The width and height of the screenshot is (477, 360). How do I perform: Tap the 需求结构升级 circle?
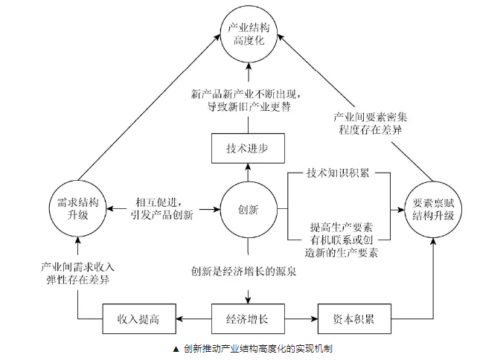tap(77, 209)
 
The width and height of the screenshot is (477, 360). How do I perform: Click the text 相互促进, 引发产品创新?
tap(164, 209)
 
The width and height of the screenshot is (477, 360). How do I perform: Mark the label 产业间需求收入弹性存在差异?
tap(77, 273)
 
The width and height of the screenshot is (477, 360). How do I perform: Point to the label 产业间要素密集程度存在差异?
tap(370, 123)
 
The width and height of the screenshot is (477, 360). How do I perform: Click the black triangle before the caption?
tap(175, 348)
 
